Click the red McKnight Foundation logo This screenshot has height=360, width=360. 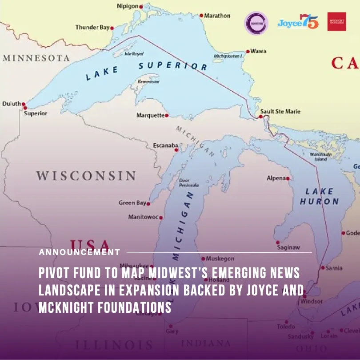[x=336, y=21]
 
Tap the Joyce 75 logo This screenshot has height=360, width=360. [x=298, y=22]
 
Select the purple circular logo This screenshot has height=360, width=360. [x=256, y=23]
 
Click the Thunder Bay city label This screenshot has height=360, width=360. [x=92, y=28]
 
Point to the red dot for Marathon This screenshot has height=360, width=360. [x=201, y=16]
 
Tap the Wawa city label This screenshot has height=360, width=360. [x=258, y=51]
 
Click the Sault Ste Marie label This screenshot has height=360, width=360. [x=280, y=112]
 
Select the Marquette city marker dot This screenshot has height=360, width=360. [x=167, y=116]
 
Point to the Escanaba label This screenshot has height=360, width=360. [x=165, y=146]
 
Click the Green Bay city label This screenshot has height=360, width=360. [x=132, y=203]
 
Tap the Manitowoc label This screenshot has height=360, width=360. [x=143, y=217]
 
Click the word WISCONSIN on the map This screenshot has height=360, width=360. [x=86, y=175]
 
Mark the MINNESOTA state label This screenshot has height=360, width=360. [x=36, y=58]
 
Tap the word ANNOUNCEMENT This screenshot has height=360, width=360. [x=79, y=252]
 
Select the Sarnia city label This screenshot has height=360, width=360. [x=334, y=268]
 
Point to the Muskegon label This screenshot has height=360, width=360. [x=220, y=259]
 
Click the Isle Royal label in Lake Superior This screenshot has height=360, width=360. [x=134, y=53]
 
